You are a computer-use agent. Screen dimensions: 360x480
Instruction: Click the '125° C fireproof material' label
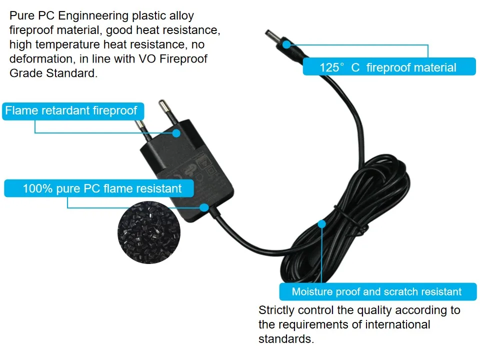[388, 67]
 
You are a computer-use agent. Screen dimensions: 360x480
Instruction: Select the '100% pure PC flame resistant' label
[99, 188]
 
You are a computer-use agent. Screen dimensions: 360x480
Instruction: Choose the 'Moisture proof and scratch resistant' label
[376, 291]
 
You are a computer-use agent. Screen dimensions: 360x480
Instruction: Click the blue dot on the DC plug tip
[286, 44]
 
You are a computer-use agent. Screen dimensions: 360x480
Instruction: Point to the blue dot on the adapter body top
[176, 132]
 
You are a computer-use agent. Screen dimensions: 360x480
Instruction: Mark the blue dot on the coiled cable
[321, 224]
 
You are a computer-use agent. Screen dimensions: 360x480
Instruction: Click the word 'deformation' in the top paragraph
[40, 59]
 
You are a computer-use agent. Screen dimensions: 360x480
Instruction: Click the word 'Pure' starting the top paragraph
[21, 16]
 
